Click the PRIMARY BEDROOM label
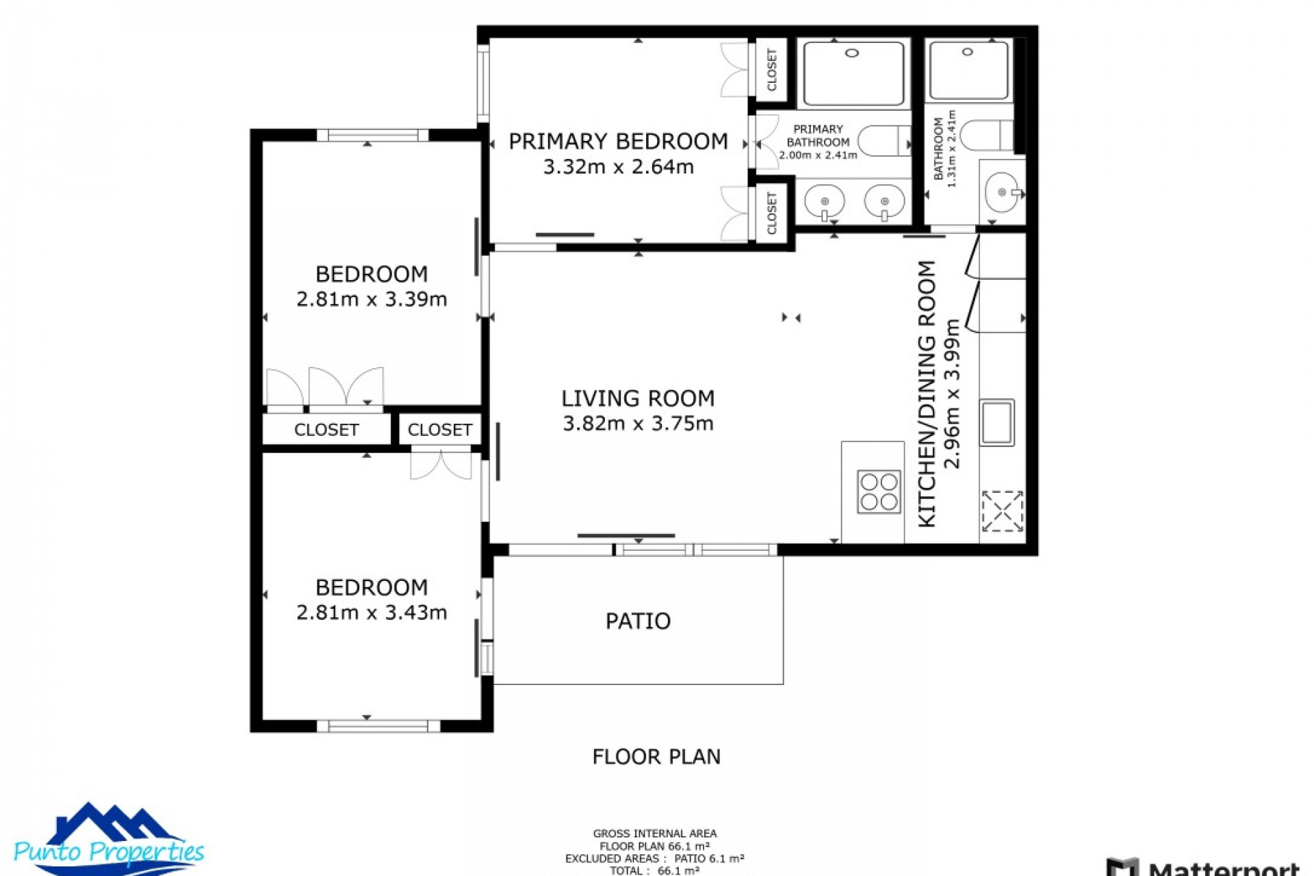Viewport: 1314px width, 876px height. click(x=618, y=142)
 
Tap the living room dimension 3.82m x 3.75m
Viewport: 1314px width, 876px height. click(x=638, y=424)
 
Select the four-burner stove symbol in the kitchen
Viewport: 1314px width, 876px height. click(x=879, y=491)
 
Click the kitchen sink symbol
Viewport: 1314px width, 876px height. click(x=996, y=422)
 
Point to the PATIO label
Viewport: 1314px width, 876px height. click(x=638, y=621)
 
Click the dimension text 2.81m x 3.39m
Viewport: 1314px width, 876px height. click(x=372, y=300)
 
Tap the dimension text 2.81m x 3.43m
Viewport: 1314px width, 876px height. click(x=372, y=613)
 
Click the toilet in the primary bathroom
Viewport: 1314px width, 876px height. click(x=883, y=141)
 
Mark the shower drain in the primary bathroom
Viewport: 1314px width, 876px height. click(x=852, y=53)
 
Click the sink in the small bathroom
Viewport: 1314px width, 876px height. click(x=1003, y=193)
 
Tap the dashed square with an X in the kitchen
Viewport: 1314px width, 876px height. click(x=1002, y=511)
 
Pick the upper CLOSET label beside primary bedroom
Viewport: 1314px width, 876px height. click(x=772, y=70)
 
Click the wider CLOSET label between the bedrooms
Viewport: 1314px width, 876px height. click(x=326, y=430)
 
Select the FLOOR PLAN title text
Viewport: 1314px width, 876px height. click(x=656, y=757)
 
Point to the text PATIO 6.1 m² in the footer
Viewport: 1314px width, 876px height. click(x=709, y=858)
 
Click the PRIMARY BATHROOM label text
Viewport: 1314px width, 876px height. click(x=818, y=136)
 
